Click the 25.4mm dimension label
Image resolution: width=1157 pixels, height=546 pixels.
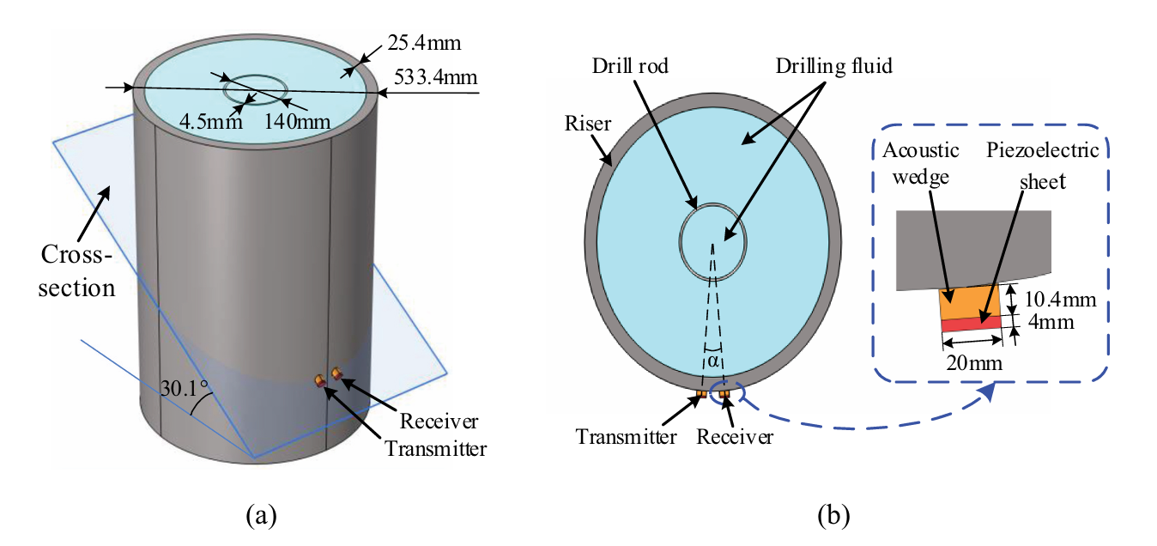[424, 43]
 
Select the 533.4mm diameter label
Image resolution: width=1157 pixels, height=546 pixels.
[435, 77]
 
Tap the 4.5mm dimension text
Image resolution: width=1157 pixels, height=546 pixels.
[211, 121]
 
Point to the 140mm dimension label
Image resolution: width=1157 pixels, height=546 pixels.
[298, 121]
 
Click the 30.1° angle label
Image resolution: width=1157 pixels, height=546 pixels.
[185, 388]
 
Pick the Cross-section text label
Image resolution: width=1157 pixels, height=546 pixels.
[76, 271]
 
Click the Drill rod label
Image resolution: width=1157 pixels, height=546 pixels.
[630, 66]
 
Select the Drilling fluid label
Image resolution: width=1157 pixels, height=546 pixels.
[833, 66]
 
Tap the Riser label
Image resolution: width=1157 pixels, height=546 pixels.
[587, 124]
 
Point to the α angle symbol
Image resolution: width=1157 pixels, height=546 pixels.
[712, 361]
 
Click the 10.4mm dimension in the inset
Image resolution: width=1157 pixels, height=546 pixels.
[1060, 300]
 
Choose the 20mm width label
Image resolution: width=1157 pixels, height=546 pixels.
[974, 363]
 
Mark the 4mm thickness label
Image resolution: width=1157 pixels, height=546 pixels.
[1051, 322]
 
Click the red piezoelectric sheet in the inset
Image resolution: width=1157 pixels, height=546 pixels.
[972, 324]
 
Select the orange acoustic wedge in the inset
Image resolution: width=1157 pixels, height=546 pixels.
[970, 303]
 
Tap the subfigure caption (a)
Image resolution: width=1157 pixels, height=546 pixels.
[262, 516]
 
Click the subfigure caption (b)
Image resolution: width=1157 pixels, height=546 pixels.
[833, 516]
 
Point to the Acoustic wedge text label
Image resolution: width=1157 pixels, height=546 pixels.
[920, 163]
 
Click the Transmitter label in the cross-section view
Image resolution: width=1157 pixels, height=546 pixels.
[626, 437]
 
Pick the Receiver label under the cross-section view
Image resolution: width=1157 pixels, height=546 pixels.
[735, 437]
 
